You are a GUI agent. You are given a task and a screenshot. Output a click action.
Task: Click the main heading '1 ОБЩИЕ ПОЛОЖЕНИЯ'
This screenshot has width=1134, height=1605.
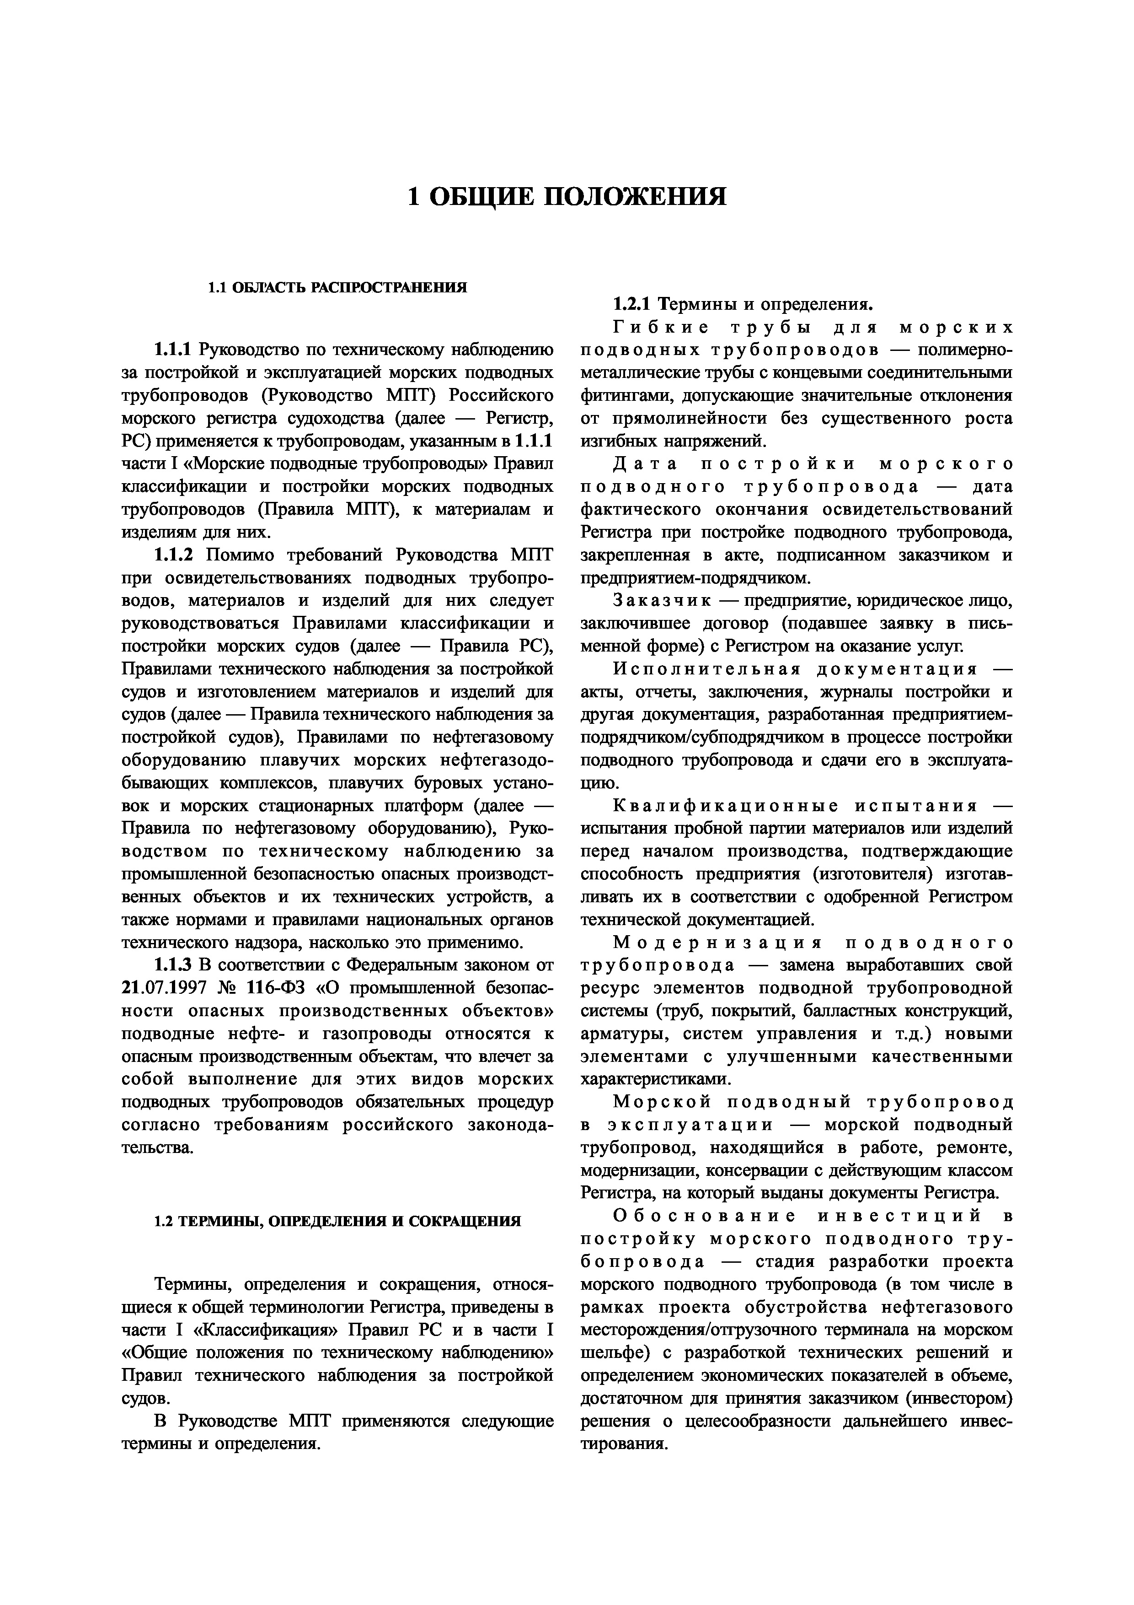[567, 196]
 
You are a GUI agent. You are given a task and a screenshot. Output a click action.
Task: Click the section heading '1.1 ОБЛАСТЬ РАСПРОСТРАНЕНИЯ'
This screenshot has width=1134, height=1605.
[337, 287]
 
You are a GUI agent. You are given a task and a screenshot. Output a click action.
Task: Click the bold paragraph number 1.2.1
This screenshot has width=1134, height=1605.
[631, 305]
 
